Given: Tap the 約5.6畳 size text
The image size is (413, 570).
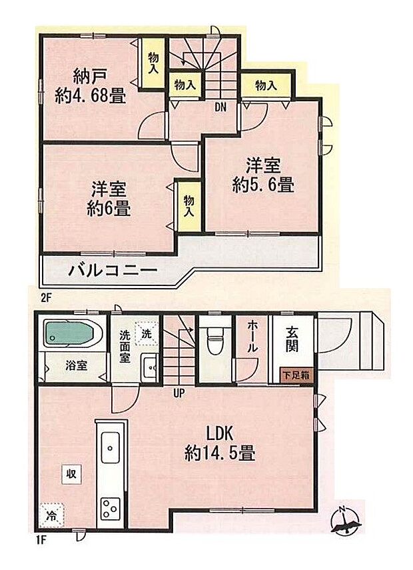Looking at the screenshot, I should pyautogui.click(x=263, y=185).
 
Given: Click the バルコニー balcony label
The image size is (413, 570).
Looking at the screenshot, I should pyautogui.click(x=112, y=271).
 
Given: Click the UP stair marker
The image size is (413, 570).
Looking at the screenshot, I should pyautogui.click(x=179, y=393).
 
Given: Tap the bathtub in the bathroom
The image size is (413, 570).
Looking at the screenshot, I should pyautogui.click(x=71, y=333).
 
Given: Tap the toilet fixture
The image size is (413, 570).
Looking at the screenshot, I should pyautogui.click(x=214, y=342).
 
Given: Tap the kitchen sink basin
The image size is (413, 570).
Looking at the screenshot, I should pyautogui.click(x=110, y=445).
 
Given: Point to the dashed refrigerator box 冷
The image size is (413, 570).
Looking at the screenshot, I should pyautogui.click(x=51, y=515).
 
